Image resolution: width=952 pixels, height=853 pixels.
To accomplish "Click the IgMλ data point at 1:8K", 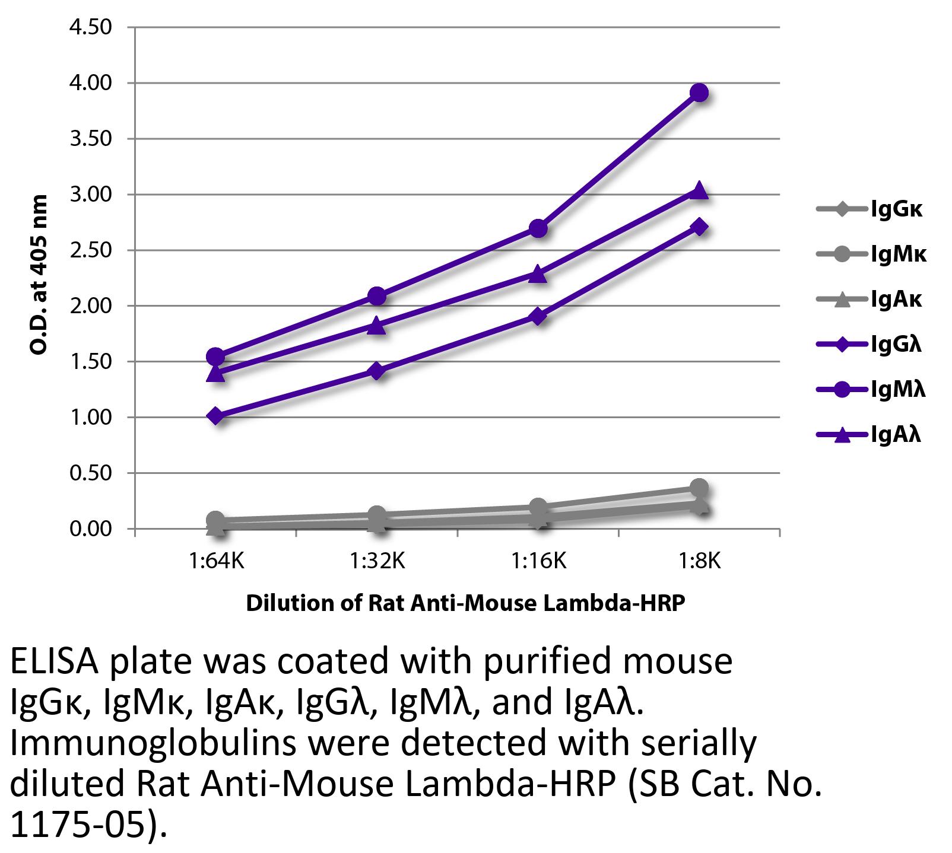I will coord(699,93).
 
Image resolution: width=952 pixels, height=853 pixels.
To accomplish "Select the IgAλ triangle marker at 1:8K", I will coord(699,190).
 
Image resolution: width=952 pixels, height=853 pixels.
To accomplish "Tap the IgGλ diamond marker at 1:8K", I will coord(699,227).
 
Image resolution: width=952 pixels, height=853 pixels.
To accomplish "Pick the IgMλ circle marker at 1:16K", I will coord(538,228).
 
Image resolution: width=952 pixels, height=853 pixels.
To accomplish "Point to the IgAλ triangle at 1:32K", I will coord(377,325).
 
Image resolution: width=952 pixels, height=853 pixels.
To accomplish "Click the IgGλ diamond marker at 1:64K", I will coord(216,416).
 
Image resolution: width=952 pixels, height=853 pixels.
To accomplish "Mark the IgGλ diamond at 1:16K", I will coord(538,316).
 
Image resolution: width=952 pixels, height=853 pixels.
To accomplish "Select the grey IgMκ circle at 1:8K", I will coord(699,488).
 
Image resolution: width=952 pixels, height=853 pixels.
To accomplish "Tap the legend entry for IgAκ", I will coord(870,300).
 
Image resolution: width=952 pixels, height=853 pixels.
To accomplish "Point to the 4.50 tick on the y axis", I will coord(91,27).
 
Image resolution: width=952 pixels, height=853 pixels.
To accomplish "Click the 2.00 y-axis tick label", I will coord(91,306).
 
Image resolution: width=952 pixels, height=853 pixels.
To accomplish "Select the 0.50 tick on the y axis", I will coord(91,473).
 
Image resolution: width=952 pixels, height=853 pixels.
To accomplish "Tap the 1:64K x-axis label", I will coord(217,560).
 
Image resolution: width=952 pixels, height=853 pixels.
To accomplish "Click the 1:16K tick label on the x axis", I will coord(538,560).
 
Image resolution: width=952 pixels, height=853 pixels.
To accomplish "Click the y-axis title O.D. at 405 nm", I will coord(38,275).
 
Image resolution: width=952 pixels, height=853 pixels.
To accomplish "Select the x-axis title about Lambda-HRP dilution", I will coord(465,603).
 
